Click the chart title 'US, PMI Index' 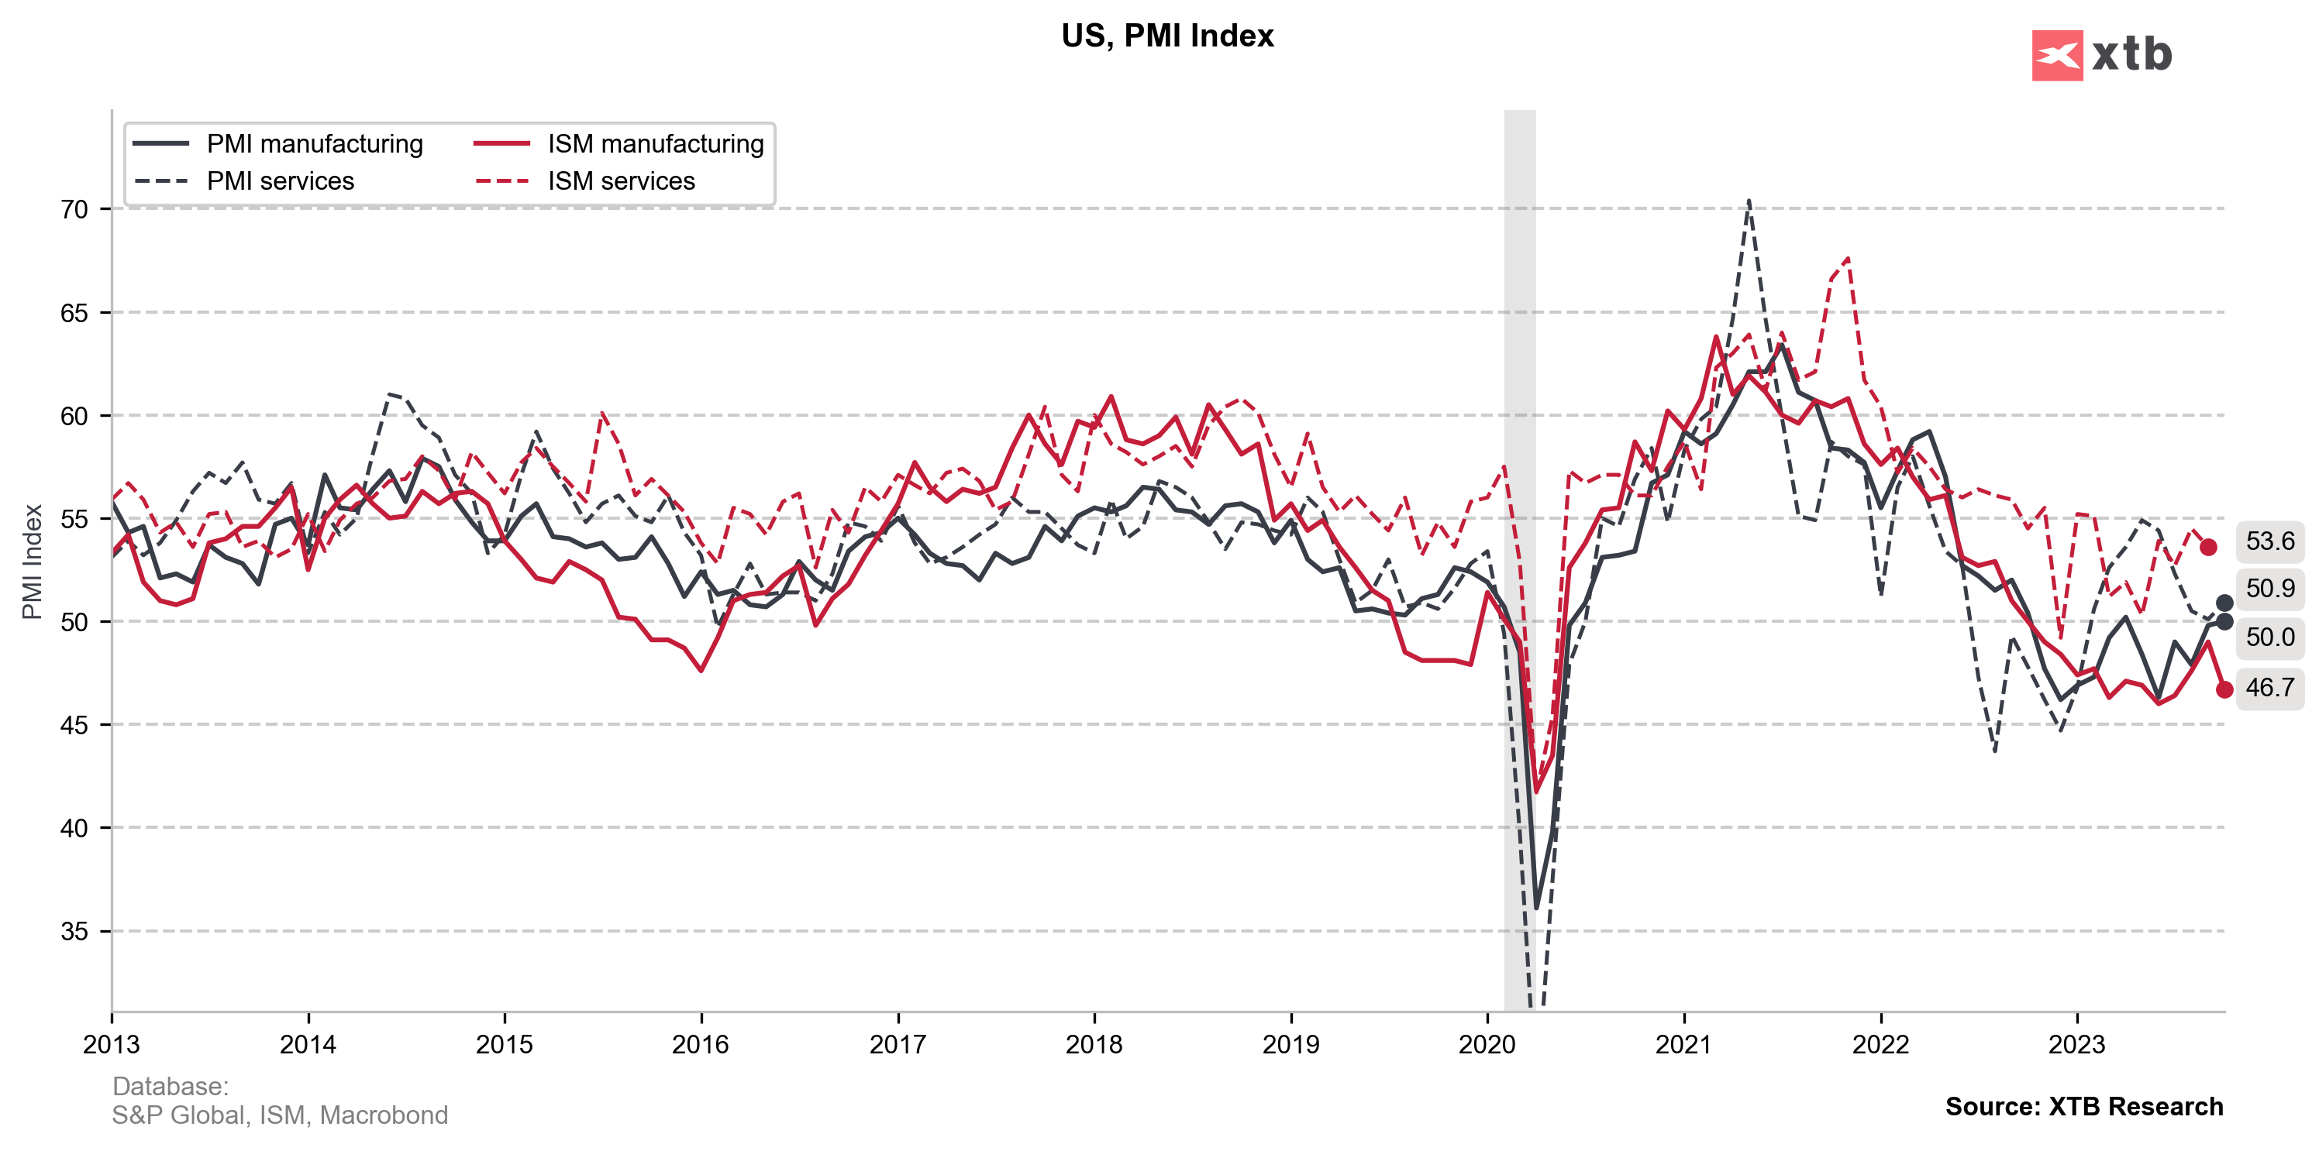pyautogui.click(x=1166, y=36)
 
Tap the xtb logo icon pyautogui.click(x=2056, y=56)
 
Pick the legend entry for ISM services pyautogui.click(x=621, y=181)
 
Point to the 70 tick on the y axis pyautogui.click(x=74, y=210)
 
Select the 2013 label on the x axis pyautogui.click(x=112, y=1045)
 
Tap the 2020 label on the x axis pyautogui.click(x=1487, y=1045)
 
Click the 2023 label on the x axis pyautogui.click(x=2077, y=1045)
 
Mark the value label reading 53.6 pyautogui.click(x=2269, y=541)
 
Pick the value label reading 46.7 pyautogui.click(x=2269, y=688)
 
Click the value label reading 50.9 pyautogui.click(x=2269, y=589)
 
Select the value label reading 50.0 pyautogui.click(x=2269, y=637)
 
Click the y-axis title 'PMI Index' pyautogui.click(x=33, y=562)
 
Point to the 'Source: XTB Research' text pyautogui.click(x=2083, y=1106)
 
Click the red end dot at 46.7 pyautogui.click(x=2224, y=689)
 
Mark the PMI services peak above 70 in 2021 pyautogui.click(x=1749, y=201)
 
